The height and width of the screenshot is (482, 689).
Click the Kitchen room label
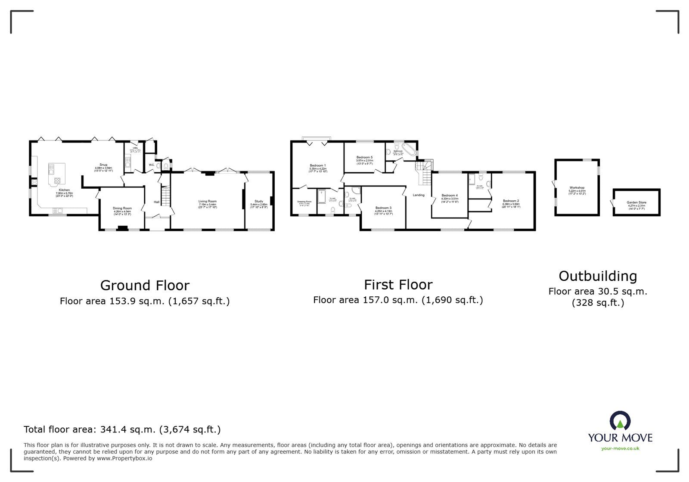tap(64, 190)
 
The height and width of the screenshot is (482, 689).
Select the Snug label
tap(103, 165)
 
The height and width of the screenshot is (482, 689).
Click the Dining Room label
tap(122, 208)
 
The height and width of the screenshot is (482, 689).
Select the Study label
tap(259, 201)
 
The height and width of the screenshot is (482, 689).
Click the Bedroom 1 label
tap(318, 165)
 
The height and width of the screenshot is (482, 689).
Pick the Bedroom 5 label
tap(364, 157)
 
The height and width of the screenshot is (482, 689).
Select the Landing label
tap(419, 195)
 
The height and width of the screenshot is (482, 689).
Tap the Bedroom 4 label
tap(450, 196)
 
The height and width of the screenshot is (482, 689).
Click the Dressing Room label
tap(304, 201)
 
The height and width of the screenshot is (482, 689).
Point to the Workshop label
tap(577, 188)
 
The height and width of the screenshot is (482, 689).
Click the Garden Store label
tap(636, 202)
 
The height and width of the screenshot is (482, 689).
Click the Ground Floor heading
tap(145, 285)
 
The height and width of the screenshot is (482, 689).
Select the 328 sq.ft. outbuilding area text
tap(598, 303)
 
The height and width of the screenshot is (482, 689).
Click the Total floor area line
tap(122, 429)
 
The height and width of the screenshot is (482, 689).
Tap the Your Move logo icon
tap(620, 421)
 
